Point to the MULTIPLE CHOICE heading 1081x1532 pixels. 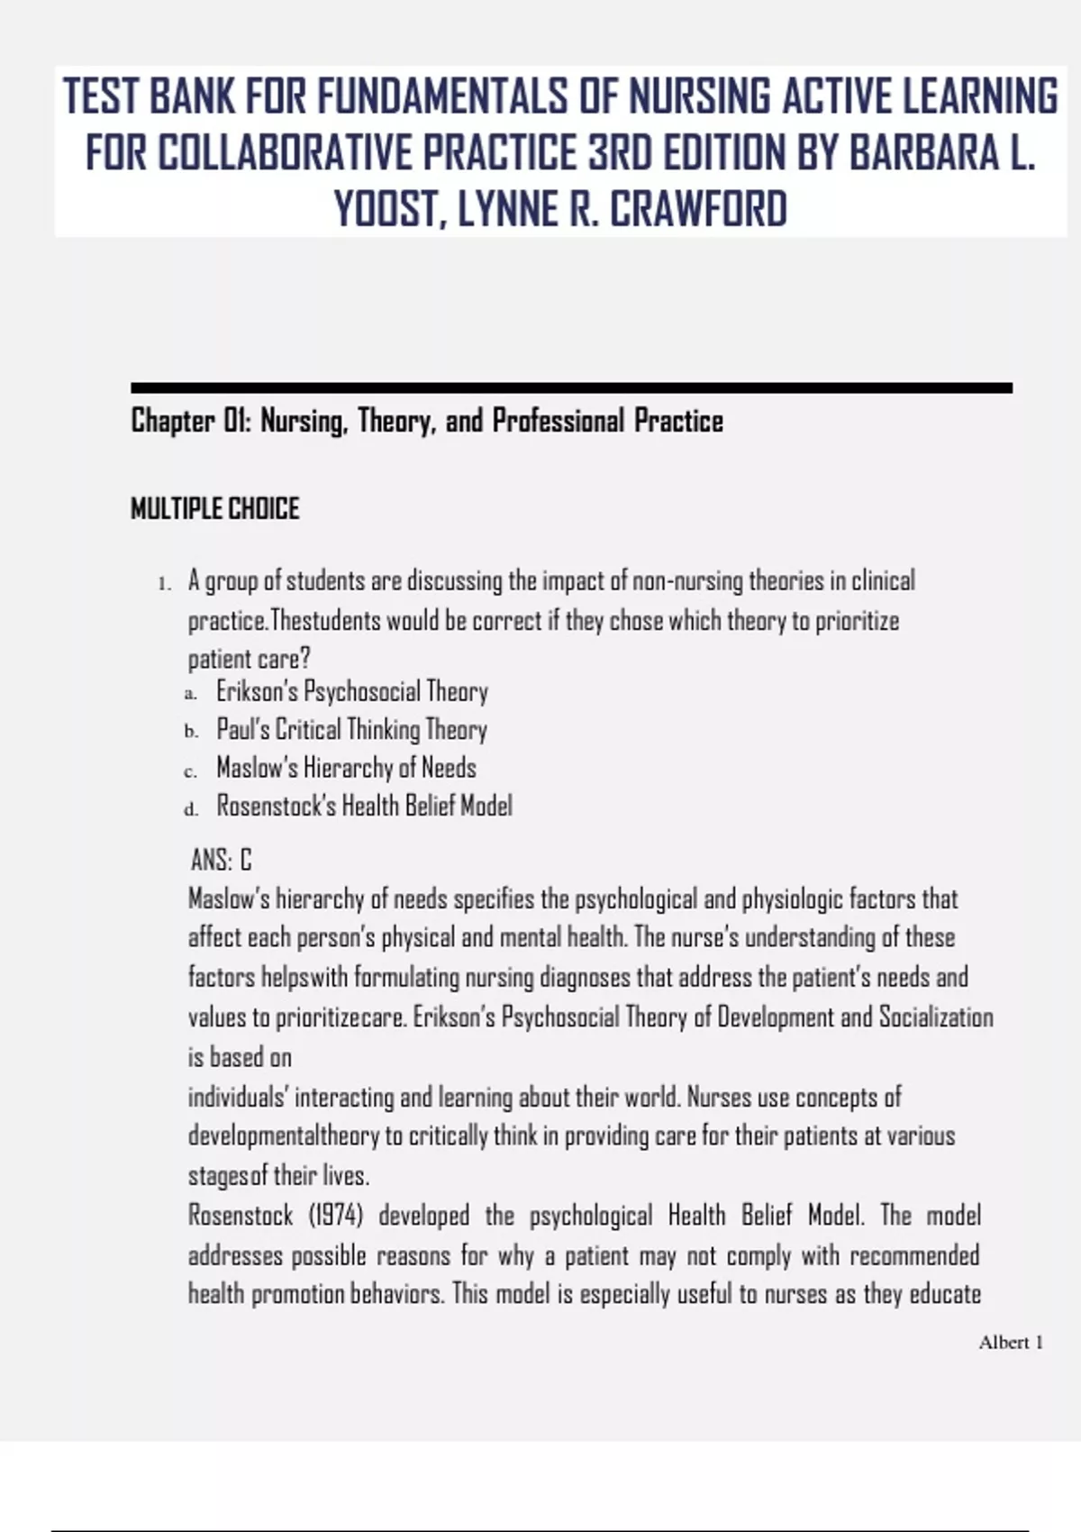pyautogui.click(x=214, y=509)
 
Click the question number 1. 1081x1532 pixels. pyautogui.click(x=163, y=584)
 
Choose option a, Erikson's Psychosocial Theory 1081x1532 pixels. pyautogui.click(x=351, y=692)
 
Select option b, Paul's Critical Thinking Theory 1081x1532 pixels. pyautogui.click(x=351, y=730)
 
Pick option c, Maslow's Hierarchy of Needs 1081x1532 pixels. pyautogui.click(x=346, y=768)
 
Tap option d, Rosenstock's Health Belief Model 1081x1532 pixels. pyautogui.click(x=364, y=806)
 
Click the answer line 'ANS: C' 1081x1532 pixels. pyautogui.click(x=221, y=861)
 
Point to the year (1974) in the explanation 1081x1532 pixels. pyautogui.click(x=336, y=1216)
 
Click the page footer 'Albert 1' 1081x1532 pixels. pyautogui.click(x=1011, y=1343)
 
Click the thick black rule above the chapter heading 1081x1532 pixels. pyautogui.click(x=571, y=388)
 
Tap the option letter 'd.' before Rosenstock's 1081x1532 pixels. pyautogui.click(x=191, y=808)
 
